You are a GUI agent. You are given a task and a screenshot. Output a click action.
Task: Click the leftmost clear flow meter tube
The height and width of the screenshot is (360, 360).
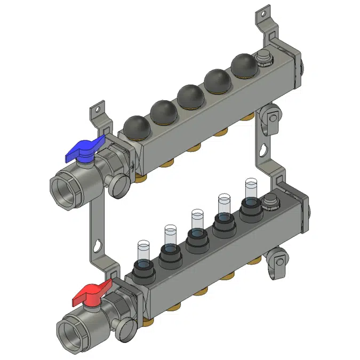tap(142, 251)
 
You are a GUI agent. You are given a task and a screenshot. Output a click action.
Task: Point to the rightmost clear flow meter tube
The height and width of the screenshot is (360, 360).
tap(251, 189)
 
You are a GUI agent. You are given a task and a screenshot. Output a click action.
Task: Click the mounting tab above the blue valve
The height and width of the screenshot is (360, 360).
tap(98, 110)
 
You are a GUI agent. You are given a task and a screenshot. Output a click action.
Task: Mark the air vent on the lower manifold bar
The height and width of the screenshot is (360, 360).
tap(269, 201)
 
